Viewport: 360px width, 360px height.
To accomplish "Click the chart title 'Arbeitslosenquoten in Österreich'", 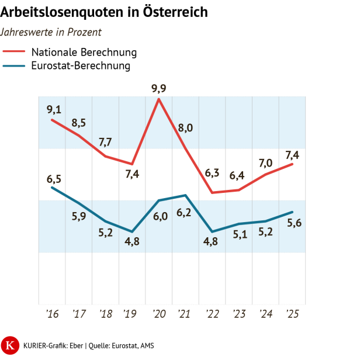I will (104, 12).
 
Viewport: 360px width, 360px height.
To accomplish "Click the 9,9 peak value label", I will (158, 88).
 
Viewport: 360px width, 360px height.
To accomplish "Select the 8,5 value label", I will (79, 123).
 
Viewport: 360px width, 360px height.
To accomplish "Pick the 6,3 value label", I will (212, 173).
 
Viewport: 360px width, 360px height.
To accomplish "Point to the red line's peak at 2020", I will (159, 99).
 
